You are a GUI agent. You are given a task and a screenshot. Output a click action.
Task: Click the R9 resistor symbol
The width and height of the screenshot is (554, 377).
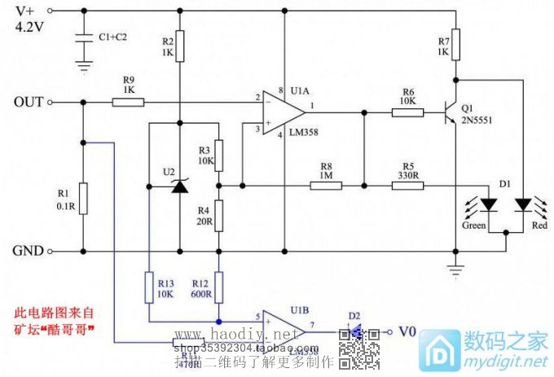click(128, 103)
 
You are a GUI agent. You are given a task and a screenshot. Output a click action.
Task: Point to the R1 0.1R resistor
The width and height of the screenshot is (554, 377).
click(83, 196)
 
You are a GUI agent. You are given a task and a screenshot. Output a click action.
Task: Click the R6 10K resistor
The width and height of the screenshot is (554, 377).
click(407, 112)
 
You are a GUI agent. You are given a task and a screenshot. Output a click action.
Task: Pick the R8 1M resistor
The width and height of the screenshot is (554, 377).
click(326, 185)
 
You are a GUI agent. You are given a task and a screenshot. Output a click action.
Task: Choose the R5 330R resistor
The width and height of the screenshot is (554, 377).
click(407, 185)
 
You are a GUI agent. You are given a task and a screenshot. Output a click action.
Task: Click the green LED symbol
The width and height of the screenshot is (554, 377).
click(488, 204)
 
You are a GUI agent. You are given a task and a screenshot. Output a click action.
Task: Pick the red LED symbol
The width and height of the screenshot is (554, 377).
click(523, 204)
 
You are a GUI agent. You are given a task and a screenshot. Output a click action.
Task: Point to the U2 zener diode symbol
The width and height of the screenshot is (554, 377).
click(179, 186)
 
